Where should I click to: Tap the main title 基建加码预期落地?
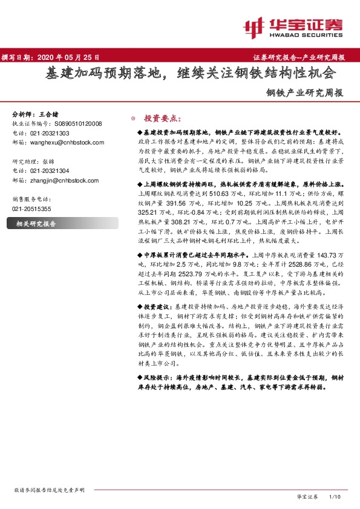103,74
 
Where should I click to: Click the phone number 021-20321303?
49,133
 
